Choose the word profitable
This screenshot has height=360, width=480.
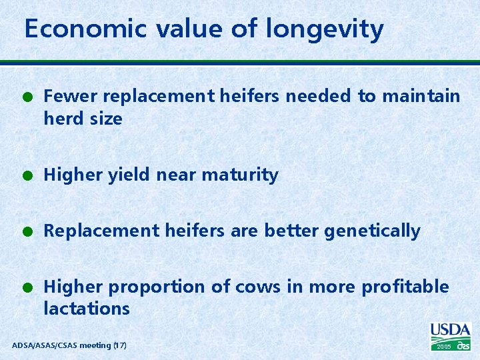(405, 287)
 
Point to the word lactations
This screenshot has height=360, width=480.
(87, 309)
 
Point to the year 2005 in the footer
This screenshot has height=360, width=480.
(444, 347)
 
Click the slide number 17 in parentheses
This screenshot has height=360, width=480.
(120, 345)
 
